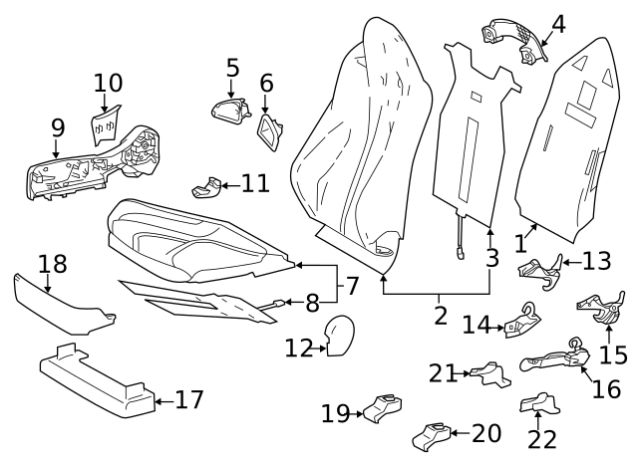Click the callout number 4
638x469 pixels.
point(558,23)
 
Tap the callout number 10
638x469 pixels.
point(108,83)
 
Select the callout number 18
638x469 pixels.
point(52,264)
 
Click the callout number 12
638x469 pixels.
point(298,349)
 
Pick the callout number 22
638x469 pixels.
point(541,438)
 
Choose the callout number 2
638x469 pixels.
point(440,317)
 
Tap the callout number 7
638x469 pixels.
point(352,286)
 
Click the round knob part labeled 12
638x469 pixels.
point(339,334)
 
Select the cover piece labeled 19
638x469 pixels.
point(382,409)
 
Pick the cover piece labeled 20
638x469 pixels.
point(430,435)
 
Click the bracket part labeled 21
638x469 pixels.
point(489,374)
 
